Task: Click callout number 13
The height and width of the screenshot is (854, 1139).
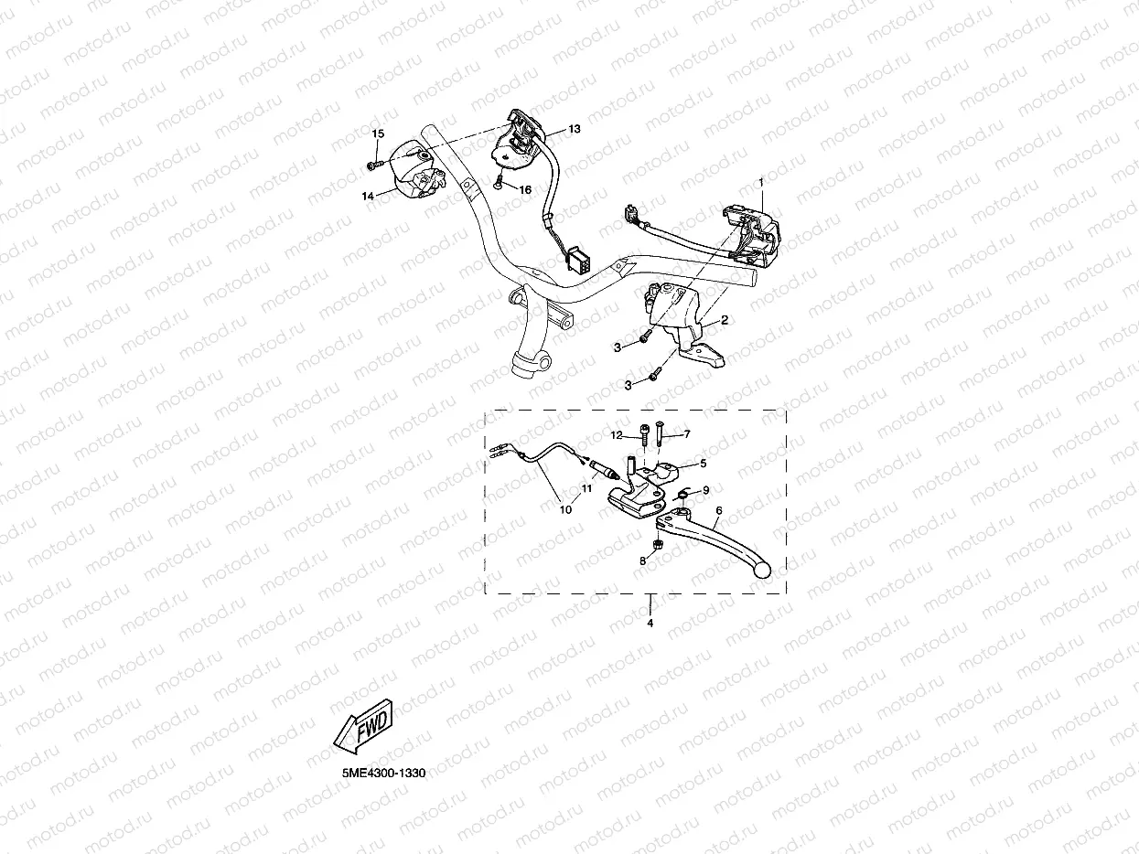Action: [574, 129]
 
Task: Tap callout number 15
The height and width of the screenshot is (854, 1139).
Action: [378, 133]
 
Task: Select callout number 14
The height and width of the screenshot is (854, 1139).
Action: [368, 196]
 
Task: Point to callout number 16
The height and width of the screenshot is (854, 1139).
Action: [525, 190]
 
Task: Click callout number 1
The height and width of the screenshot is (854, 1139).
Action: [761, 182]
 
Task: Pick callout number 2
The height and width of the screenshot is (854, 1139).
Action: [725, 320]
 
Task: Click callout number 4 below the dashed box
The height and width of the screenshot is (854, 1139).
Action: [650, 624]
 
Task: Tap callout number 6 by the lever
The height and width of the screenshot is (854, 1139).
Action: [719, 510]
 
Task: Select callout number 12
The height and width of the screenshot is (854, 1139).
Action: [616, 435]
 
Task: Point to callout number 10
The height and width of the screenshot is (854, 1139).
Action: [565, 509]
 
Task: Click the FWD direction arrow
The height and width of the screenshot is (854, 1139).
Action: [363, 727]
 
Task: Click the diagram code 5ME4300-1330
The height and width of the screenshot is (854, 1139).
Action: [383, 774]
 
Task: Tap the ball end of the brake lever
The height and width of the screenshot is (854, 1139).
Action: [763, 571]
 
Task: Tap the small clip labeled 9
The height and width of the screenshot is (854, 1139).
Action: [682, 496]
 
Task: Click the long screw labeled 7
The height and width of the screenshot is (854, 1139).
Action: [659, 433]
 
